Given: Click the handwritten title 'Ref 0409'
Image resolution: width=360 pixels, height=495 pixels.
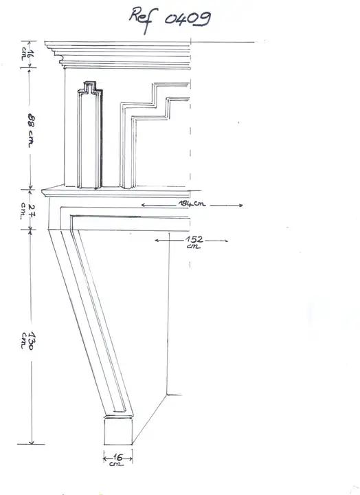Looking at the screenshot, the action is [x=170, y=19].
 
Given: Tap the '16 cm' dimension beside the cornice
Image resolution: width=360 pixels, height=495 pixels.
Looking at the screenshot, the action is [x=27, y=54].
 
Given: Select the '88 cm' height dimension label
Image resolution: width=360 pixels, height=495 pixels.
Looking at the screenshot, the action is [x=31, y=131].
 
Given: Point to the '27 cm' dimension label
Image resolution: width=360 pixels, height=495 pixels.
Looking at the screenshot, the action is [x=27, y=211].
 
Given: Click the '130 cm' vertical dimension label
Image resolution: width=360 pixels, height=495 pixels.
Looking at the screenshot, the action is [x=27, y=340].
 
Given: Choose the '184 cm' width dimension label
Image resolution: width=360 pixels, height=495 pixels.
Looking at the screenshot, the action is [x=192, y=203].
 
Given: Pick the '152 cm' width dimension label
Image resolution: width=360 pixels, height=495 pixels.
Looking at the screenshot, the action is [x=194, y=242].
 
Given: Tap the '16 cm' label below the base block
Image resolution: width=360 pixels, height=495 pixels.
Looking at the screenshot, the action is [x=117, y=460].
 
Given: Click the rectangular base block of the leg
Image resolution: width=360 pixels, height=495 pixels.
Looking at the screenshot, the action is [x=118, y=430].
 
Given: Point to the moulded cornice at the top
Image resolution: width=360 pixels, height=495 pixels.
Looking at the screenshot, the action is [x=117, y=55].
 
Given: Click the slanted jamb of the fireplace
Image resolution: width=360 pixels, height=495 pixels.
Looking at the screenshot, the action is [x=91, y=321].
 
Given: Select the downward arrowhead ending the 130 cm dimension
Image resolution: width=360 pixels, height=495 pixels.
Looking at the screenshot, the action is [x=31, y=441].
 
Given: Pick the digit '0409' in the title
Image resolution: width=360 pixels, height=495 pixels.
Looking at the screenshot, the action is [x=188, y=19].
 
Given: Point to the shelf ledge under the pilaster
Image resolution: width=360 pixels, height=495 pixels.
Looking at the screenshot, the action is [x=122, y=191].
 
